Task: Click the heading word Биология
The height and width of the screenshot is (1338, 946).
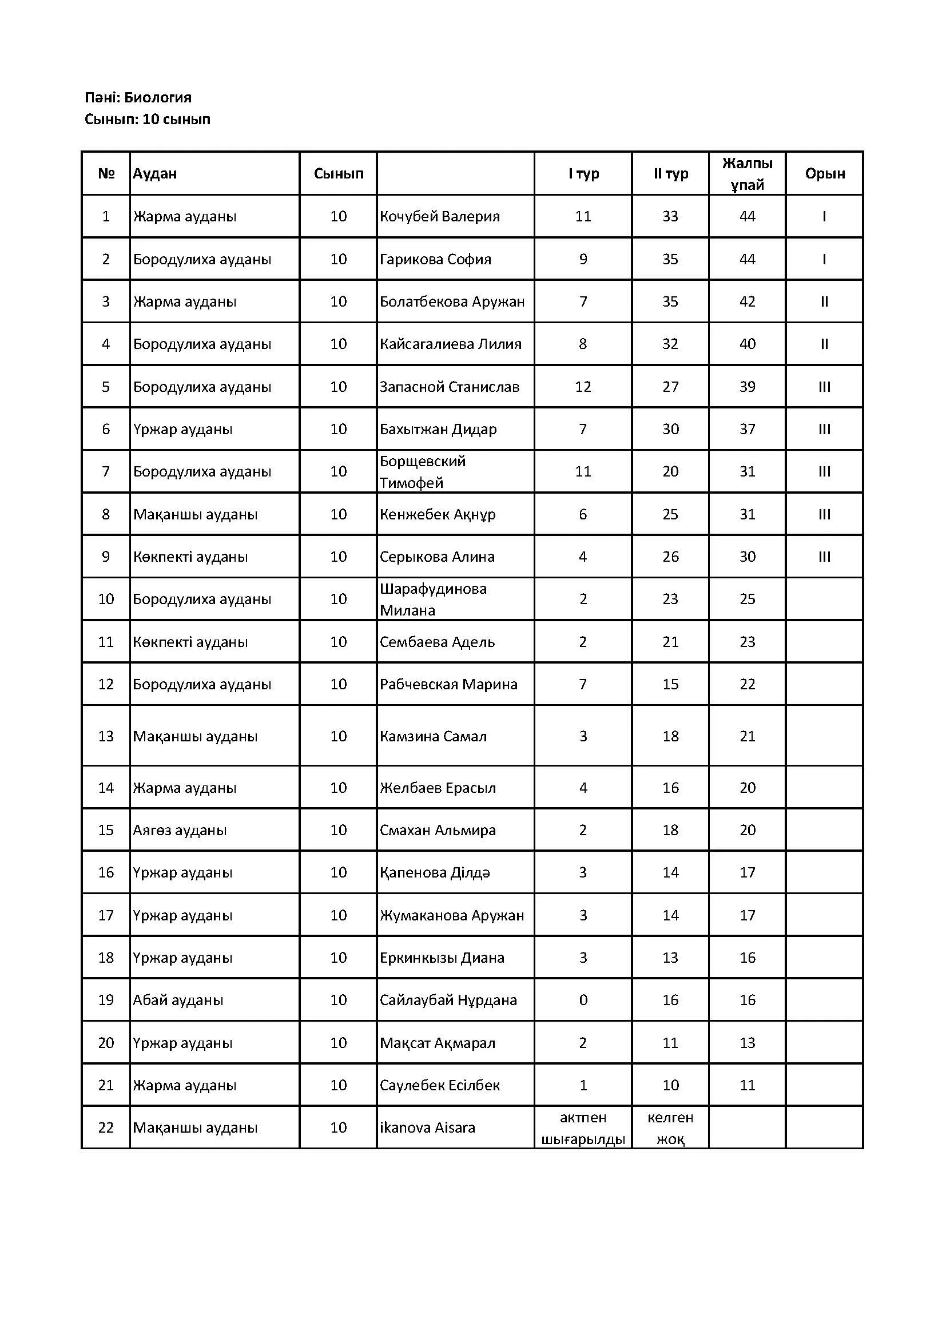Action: point(157,97)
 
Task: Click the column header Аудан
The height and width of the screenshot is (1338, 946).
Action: point(155,174)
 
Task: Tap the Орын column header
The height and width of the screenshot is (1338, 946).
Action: point(824,174)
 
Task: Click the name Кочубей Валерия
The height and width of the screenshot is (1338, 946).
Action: point(440,216)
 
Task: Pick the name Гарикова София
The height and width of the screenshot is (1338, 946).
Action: point(435,259)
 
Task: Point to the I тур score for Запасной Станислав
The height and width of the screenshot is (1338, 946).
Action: point(582,387)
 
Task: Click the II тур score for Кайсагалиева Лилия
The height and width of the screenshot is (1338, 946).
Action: point(670,344)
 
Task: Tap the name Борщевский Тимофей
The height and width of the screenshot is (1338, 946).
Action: point(422,472)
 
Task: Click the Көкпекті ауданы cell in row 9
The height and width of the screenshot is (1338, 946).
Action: point(190,557)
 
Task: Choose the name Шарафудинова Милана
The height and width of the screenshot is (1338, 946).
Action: point(433,599)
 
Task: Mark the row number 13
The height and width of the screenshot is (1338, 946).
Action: point(106,737)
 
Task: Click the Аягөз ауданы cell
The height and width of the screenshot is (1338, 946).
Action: point(180,831)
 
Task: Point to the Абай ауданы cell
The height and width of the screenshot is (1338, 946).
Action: point(178,1000)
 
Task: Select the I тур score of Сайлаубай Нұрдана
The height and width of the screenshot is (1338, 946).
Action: point(582,1000)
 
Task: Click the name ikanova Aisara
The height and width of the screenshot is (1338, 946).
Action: point(427,1127)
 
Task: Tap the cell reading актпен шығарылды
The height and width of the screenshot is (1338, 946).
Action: point(582,1127)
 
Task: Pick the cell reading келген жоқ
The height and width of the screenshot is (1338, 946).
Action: point(670,1127)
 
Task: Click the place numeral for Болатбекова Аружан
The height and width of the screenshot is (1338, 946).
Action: point(824,302)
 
